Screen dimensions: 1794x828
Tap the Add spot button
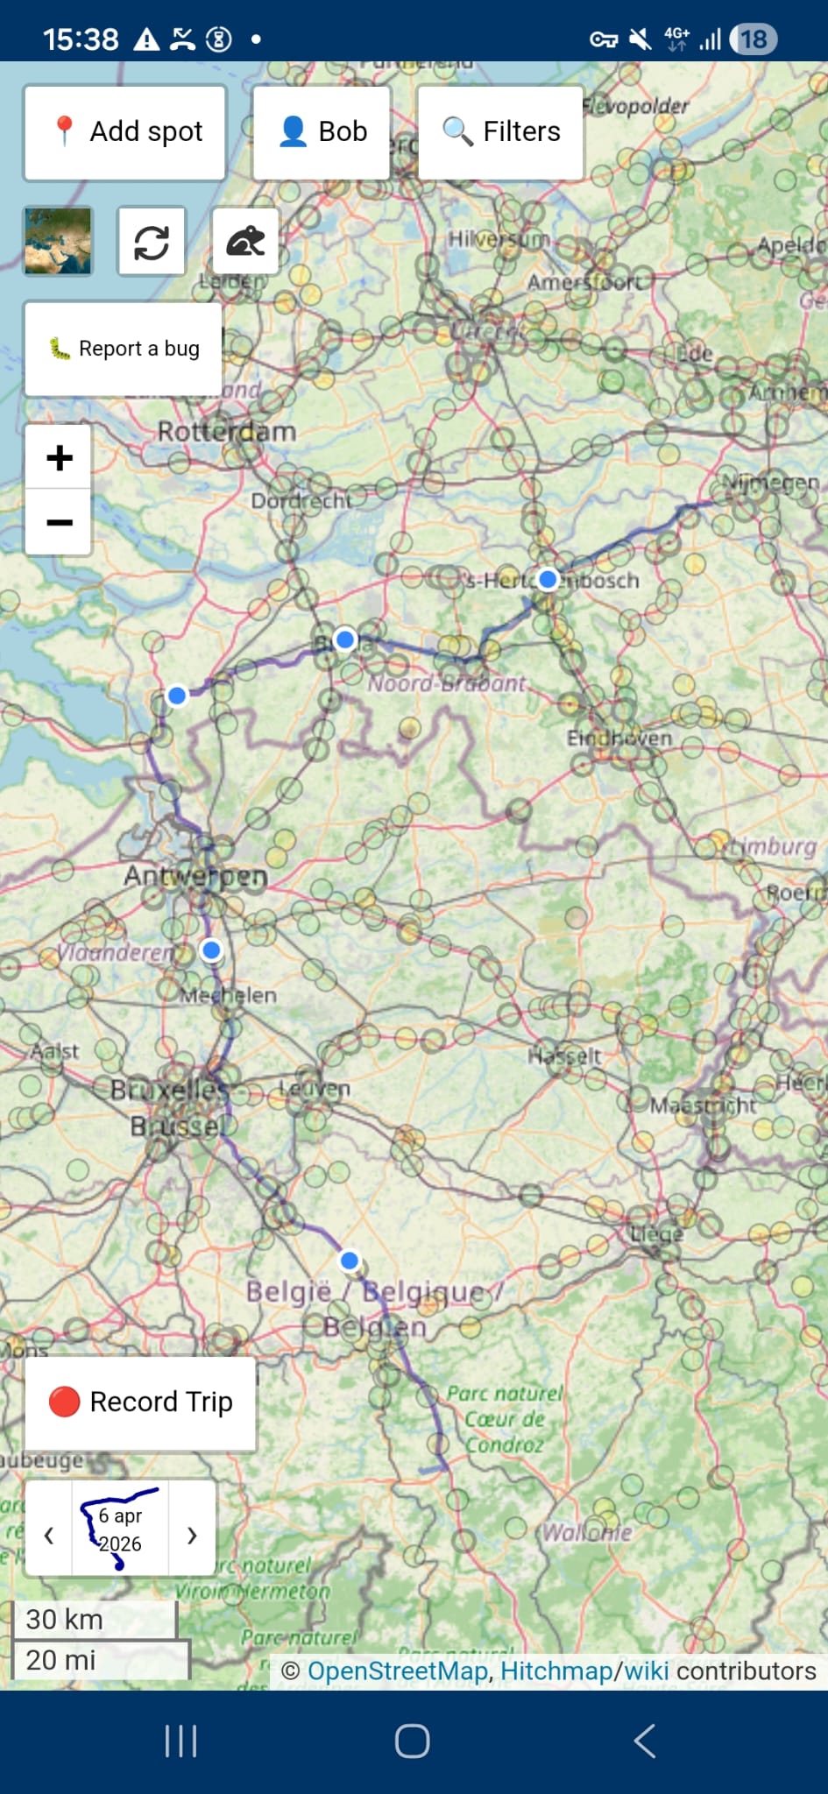(125, 132)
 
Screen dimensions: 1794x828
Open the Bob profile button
(322, 132)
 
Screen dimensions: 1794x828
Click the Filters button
(500, 132)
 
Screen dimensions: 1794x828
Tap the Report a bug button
(124, 349)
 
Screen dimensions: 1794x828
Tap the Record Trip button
(140, 1402)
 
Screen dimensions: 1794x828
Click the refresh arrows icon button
(152, 242)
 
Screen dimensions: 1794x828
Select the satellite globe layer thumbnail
(58, 242)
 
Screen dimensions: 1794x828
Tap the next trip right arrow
(192, 1535)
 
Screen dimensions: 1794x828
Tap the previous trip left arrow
(49, 1535)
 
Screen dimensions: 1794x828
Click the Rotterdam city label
(227, 432)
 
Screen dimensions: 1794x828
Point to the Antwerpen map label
(195, 876)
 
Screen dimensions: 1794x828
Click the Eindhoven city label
(619, 738)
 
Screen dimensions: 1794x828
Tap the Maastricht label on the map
(702, 1105)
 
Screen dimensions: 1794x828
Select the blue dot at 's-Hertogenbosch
(548, 579)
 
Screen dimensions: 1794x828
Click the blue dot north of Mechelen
(211, 950)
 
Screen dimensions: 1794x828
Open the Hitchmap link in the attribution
(556, 1670)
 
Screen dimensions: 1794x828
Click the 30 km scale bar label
(65, 1619)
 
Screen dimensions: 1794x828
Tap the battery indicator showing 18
(753, 39)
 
